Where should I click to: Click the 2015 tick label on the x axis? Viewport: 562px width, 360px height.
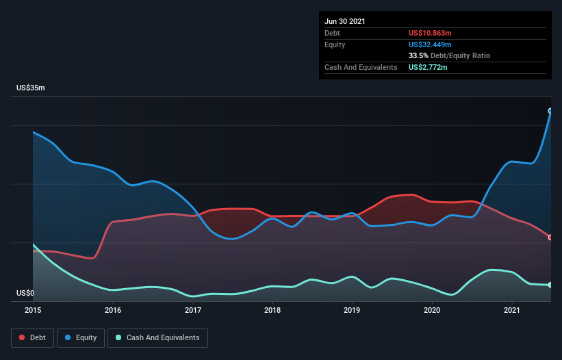point(33,310)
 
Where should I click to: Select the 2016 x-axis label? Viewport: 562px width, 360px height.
point(113,310)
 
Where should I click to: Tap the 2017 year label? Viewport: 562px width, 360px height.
point(193,310)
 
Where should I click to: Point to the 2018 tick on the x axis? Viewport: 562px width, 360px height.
point(272,310)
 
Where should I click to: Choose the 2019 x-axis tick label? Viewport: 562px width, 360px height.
point(353,310)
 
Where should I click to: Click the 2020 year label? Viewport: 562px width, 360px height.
point(432,310)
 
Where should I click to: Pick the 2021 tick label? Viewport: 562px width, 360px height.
point(512,310)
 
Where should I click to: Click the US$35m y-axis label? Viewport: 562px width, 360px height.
point(30,88)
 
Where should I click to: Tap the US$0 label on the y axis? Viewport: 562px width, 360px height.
point(25,293)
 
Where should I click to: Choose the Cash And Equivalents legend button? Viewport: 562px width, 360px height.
point(157,337)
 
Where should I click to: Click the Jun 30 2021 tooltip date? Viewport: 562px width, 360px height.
point(345,21)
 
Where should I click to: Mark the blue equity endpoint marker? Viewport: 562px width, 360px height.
point(550,111)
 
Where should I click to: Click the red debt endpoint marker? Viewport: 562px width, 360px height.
point(550,237)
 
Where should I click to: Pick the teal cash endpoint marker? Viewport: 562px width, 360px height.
point(550,285)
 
